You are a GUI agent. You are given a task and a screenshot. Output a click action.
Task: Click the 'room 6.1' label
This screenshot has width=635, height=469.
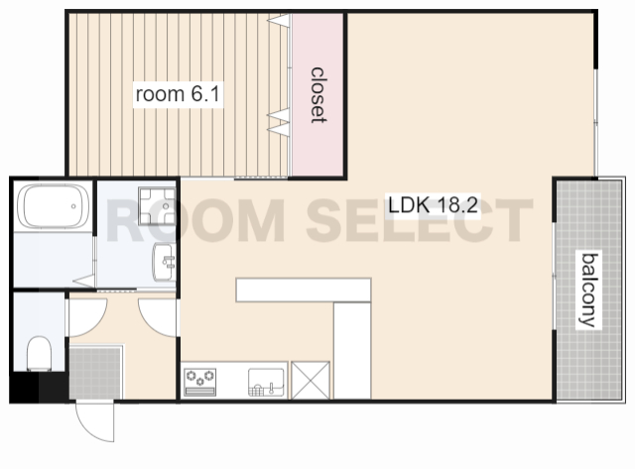point(178,94)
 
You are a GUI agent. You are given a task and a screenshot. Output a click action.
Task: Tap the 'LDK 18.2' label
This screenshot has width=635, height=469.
point(433,205)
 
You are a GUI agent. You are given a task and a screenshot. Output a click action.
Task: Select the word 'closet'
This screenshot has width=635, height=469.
point(318,95)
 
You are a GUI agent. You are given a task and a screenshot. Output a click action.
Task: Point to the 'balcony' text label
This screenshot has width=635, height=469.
point(589,290)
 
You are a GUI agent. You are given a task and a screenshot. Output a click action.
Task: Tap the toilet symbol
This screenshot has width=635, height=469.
point(39,353)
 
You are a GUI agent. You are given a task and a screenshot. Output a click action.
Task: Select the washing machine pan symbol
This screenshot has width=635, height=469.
point(157,206)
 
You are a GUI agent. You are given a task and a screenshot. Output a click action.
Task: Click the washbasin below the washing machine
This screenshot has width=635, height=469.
point(164,262)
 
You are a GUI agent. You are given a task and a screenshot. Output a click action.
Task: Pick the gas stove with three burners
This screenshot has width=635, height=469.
point(200,382)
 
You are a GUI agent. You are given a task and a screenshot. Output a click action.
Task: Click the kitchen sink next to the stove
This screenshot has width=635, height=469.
point(266,382)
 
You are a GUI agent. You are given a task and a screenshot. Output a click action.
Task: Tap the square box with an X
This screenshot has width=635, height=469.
point(311,381)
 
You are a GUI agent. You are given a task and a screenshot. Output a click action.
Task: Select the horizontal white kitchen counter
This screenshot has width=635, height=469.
point(304,290)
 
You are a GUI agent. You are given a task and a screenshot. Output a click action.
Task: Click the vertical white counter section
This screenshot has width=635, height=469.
point(352,350)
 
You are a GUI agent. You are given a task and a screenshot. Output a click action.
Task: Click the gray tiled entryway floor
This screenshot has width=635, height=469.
point(95,372)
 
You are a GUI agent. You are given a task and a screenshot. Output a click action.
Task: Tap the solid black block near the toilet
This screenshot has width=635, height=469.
point(40,388)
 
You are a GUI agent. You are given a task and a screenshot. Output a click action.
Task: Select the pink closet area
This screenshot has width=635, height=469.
point(317,95)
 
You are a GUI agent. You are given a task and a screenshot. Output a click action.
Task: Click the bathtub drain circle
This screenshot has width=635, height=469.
point(73,206)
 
